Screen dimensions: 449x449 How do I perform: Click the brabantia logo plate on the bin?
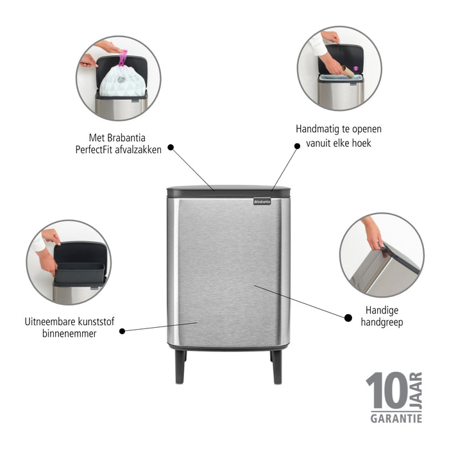tap(262, 201)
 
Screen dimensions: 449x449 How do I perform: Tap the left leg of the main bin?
tap(180, 367)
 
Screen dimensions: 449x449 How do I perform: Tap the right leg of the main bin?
tap(276, 367)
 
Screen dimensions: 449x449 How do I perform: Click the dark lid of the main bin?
tap(228, 191)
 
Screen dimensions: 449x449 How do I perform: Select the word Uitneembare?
tap(51, 322)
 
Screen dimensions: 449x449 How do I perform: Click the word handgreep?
tap(382, 323)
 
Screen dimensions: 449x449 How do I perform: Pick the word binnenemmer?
tap(70, 334)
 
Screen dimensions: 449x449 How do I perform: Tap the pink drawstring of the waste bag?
tap(123, 58)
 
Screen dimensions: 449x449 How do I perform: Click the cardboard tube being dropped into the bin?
tap(346, 71)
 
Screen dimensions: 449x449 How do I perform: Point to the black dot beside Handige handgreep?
tap(348, 317)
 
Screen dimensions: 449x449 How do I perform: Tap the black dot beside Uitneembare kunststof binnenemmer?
tap(122, 330)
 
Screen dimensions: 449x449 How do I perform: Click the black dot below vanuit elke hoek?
tap(297, 146)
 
